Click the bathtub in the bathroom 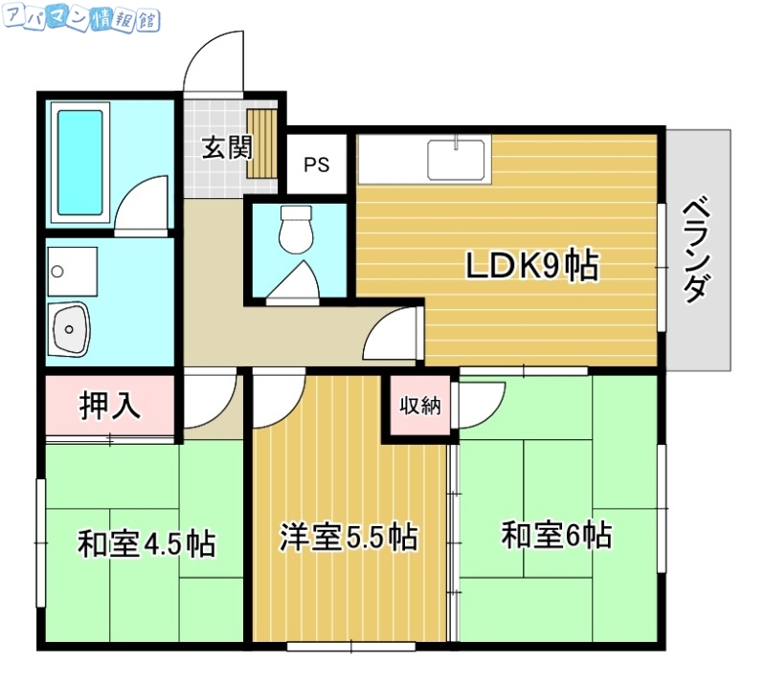[x=80, y=162]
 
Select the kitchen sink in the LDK [x=458, y=158]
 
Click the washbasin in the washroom [x=70, y=329]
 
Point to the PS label [x=316, y=165]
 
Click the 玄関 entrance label [x=227, y=148]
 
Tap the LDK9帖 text [x=531, y=267]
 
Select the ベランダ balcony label [x=699, y=250]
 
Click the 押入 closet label [x=109, y=406]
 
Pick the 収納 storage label [x=419, y=406]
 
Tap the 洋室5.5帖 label [x=348, y=538]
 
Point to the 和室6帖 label [x=556, y=534]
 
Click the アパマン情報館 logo [x=81, y=19]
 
